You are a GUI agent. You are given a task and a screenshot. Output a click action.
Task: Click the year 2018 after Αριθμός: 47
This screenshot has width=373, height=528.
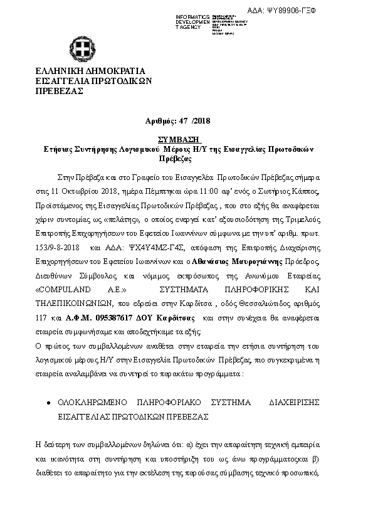202,120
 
